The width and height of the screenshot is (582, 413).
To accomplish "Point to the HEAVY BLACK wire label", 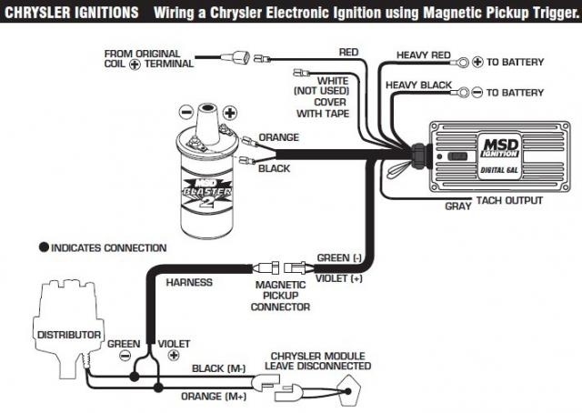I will click(x=419, y=86).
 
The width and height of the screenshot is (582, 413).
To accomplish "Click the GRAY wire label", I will click(x=457, y=206).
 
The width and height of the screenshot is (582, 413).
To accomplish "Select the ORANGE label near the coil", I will click(x=278, y=137).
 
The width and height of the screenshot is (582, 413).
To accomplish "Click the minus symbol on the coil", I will click(x=185, y=113).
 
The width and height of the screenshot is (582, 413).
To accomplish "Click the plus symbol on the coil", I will click(x=229, y=113).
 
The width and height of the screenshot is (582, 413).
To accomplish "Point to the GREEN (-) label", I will click(x=339, y=258).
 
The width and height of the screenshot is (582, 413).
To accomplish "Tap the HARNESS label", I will click(x=189, y=282).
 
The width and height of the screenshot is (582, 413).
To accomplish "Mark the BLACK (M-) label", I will click(x=219, y=368).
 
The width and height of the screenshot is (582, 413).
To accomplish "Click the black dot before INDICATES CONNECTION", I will click(x=43, y=247).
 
